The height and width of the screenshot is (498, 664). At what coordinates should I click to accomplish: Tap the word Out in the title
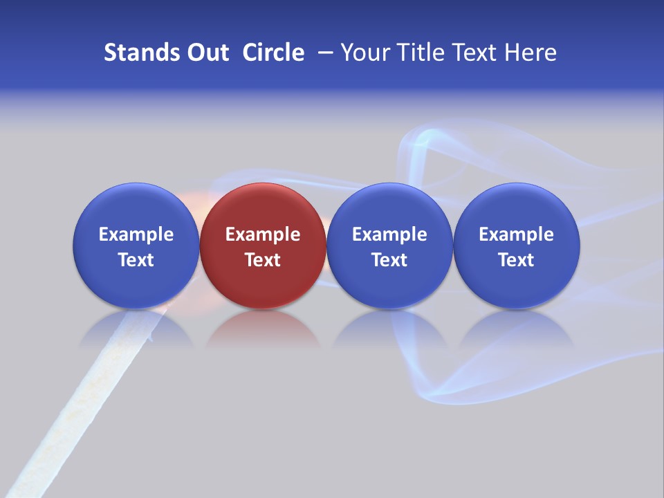click(205, 53)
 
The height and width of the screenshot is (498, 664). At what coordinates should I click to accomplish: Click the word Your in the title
click(364, 53)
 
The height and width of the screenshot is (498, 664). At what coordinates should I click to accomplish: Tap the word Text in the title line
click(474, 53)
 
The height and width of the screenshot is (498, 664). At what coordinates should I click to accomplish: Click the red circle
click(263, 207)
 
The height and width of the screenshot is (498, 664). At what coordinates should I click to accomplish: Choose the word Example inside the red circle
click(263, 234)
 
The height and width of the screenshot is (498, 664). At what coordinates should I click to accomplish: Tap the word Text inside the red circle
click(263, 260)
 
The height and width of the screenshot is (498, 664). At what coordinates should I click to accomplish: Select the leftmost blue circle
click(136, 207)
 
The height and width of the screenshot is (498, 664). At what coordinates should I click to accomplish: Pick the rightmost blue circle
click(517, 207)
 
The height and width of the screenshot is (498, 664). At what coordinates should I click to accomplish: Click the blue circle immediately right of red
click(389, 207)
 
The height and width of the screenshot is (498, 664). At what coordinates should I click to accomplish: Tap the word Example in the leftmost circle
click(136, 234)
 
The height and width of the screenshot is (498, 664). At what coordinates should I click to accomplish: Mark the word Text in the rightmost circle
click(517, 260)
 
